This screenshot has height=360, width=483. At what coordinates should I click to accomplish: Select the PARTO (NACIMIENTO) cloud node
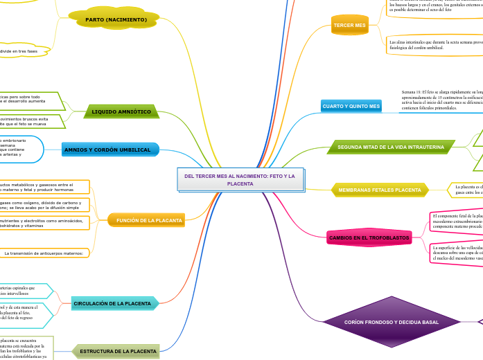click(x=116, y=20)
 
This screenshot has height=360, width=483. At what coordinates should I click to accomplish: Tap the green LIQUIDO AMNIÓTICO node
click(x=121, y=111)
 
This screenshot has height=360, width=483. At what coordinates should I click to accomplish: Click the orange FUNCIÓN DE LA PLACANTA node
click(x=149, y=220)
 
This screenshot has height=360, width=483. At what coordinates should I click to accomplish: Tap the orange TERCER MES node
click(x=350, y=26)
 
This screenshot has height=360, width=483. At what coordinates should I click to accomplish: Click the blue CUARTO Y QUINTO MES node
click(x=351, y=107)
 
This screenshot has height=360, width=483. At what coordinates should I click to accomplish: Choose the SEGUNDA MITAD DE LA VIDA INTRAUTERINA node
click(x=391, y=147)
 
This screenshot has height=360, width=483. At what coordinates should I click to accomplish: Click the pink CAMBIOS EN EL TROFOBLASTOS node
click(x=369, y=238)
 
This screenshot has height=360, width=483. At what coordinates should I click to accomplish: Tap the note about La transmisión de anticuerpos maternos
click(x=45, y=253)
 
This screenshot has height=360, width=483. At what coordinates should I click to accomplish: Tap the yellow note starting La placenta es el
click(x=465, y=189)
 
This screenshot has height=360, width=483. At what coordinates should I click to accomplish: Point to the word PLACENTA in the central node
click(x=240, y=183)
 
